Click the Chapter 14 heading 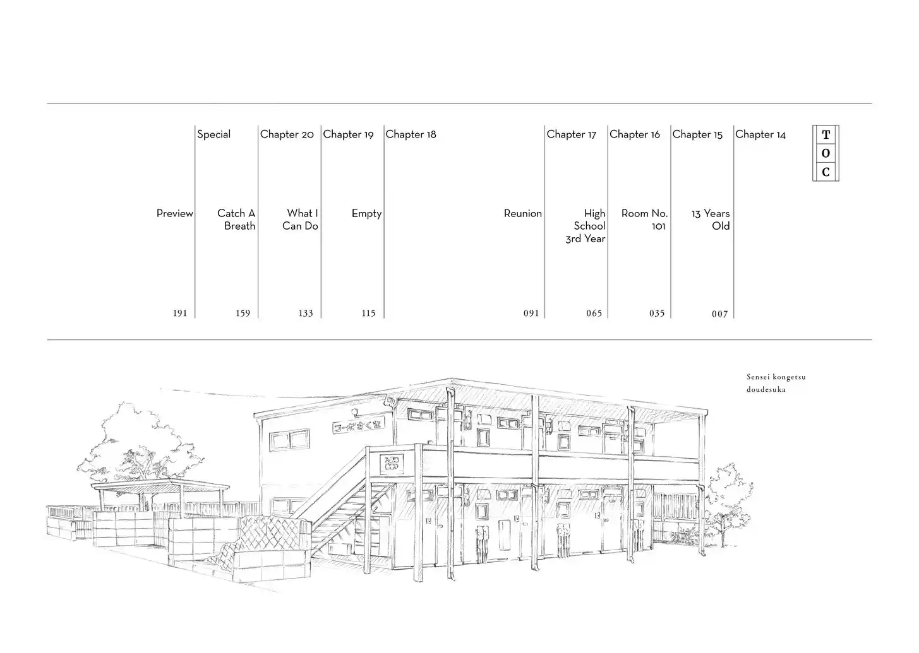(760, 134)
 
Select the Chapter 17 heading (571, 134)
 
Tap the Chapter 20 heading (287, 134)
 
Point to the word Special (213, 134)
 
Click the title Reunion (522, 214)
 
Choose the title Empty (366, 214)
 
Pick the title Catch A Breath (236, 220)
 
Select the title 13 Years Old (711, 220)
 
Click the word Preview (175, 214)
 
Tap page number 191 (180, 314)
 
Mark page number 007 (719, 314)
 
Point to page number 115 (368, 314)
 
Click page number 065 (594, 314)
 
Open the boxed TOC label (826, 153)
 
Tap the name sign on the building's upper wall (358, 427)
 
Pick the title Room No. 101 (644, 220)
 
